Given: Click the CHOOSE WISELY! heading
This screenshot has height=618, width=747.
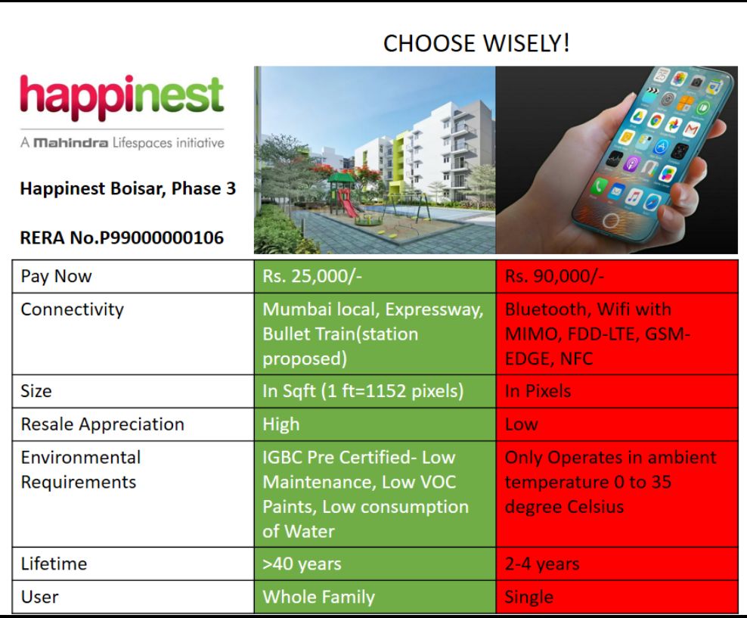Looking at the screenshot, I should [476, 43].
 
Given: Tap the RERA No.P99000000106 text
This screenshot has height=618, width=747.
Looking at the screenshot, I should [122, 238].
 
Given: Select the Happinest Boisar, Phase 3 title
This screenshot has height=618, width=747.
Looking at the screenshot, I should [128, 188].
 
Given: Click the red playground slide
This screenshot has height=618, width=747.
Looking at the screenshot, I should [347, 203].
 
